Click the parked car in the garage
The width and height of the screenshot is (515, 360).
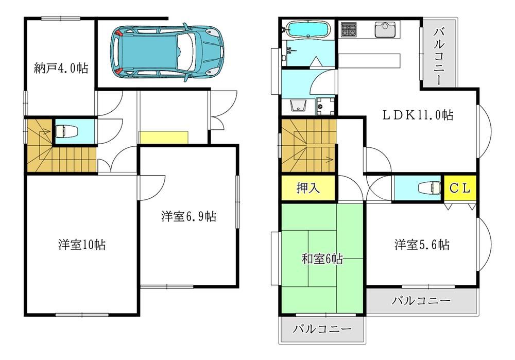168,52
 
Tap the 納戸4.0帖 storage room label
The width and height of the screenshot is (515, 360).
61,68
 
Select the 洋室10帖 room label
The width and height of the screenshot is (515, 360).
82,245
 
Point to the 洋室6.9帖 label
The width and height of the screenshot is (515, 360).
188,216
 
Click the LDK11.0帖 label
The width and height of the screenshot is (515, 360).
418,115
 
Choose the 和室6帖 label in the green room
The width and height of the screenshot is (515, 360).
322,259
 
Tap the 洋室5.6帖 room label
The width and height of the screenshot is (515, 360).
422,245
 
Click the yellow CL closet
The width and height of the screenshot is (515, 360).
460,188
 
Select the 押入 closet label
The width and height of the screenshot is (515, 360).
308,188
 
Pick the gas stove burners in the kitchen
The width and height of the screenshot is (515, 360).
349,29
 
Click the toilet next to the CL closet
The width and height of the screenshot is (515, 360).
430,188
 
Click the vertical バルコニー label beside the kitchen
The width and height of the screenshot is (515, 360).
438,56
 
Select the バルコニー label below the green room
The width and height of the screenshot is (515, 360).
322,329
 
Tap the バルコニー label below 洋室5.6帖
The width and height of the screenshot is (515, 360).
421,300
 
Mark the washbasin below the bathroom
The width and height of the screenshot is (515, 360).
298,106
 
